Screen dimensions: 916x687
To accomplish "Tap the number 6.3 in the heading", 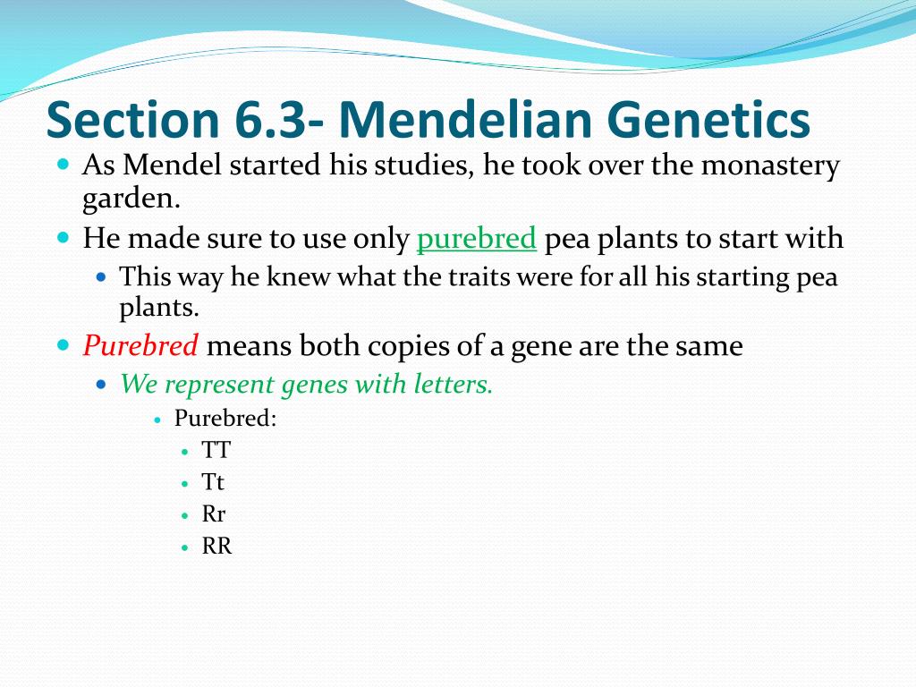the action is [x=269, y=120].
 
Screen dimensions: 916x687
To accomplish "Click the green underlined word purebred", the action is [x=476, y=239].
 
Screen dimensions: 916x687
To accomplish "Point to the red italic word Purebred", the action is [x=140, y=345].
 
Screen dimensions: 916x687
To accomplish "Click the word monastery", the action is [x=770, y=165].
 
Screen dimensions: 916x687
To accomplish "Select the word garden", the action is [x=131, y=199].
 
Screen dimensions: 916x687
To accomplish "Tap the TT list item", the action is [x=216, y=450].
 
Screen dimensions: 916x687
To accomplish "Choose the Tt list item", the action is [x=213, y=482].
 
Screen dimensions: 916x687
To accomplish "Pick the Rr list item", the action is [x=213, y=514].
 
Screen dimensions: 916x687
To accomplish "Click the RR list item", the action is [x=216, y=547].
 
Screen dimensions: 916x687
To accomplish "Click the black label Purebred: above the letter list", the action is [x=225, y=419].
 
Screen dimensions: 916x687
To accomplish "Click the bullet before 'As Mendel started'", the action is [x=64, y=164].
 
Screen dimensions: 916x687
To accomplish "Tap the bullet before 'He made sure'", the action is [x=64, y=237].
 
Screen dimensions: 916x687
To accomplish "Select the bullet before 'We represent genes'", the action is [x=102, y=385].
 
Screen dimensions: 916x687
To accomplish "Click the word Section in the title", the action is [x=133, y=119].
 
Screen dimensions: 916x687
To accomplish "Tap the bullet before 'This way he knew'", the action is [x=102, y=276].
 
